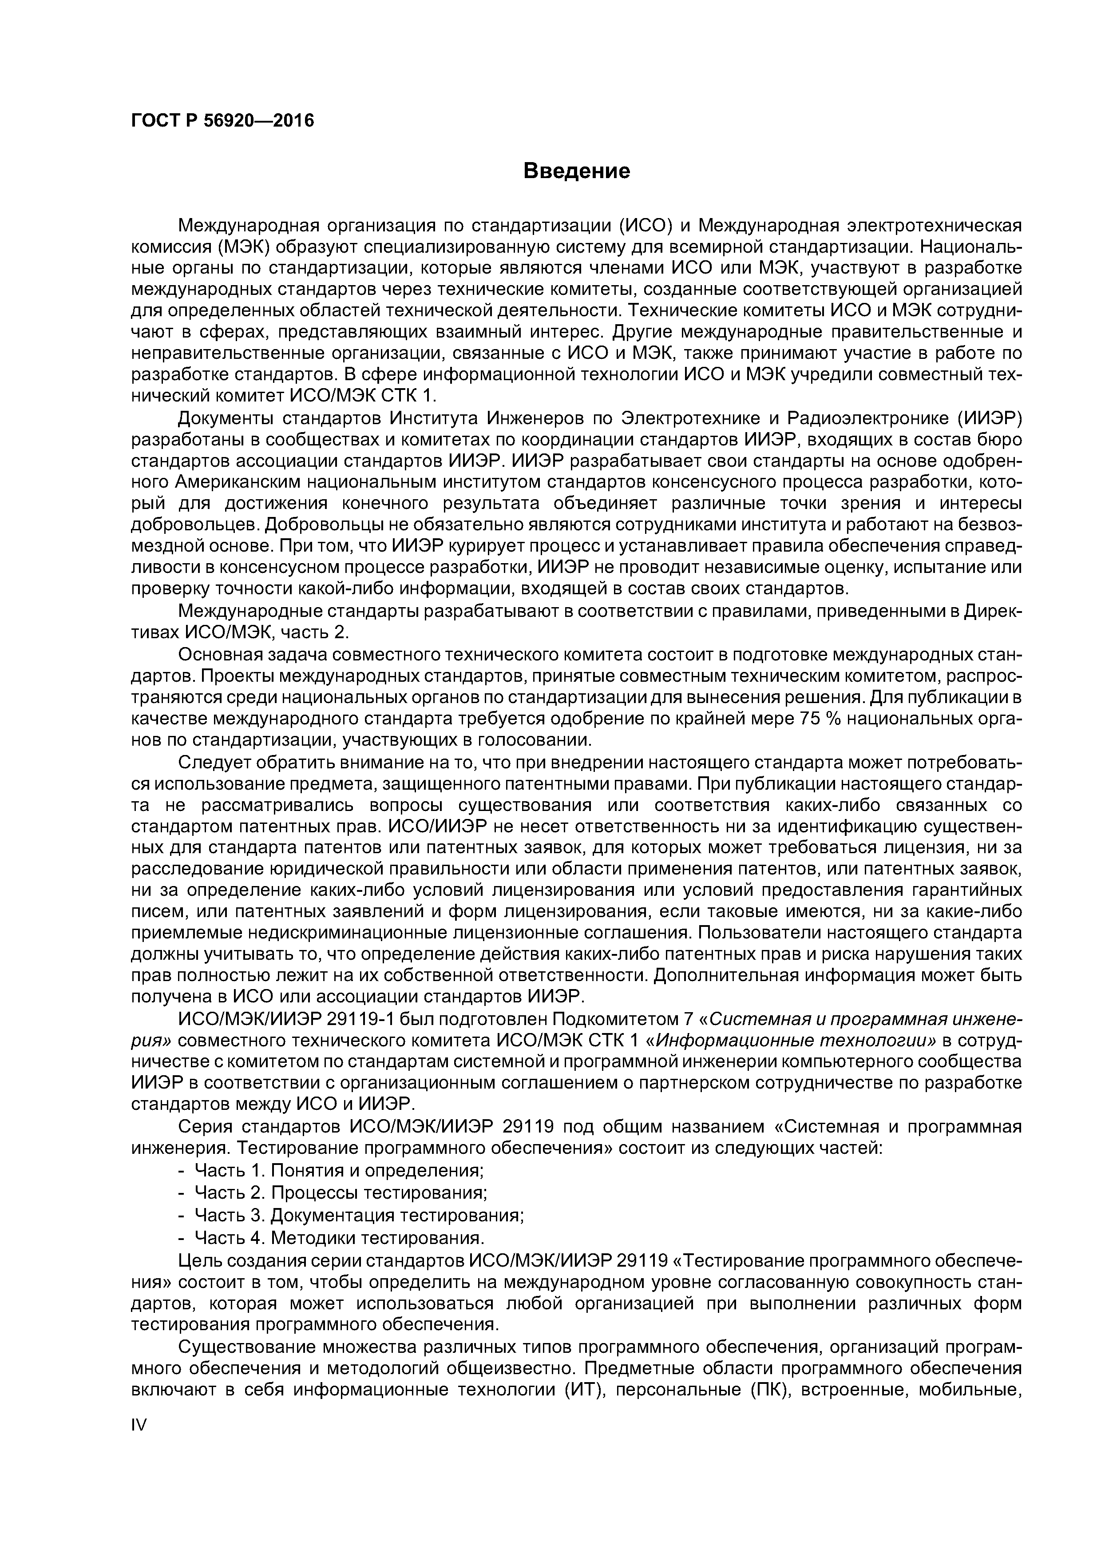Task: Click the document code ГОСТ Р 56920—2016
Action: [x=222, y=121]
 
